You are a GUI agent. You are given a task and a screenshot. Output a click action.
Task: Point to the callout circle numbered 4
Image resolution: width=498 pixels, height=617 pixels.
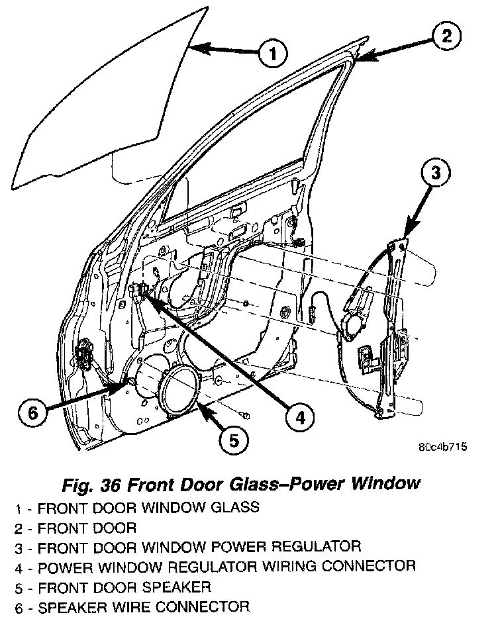299,416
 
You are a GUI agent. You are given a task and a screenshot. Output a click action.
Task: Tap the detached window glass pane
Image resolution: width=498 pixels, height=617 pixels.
99,99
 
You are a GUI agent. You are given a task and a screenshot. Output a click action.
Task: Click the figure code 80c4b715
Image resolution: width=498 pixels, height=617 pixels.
443,447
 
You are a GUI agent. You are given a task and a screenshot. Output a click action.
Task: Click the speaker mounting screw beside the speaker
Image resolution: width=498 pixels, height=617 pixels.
245,416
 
